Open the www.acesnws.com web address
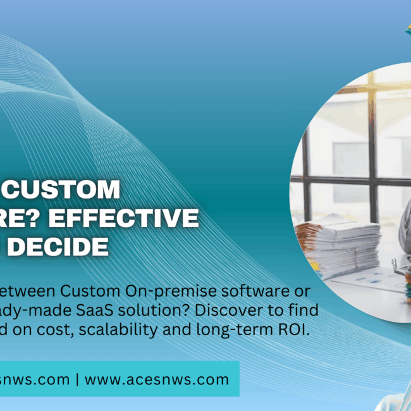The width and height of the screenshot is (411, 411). (x=156, y=379)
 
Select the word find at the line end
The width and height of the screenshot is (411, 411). (x=305, y=310)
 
